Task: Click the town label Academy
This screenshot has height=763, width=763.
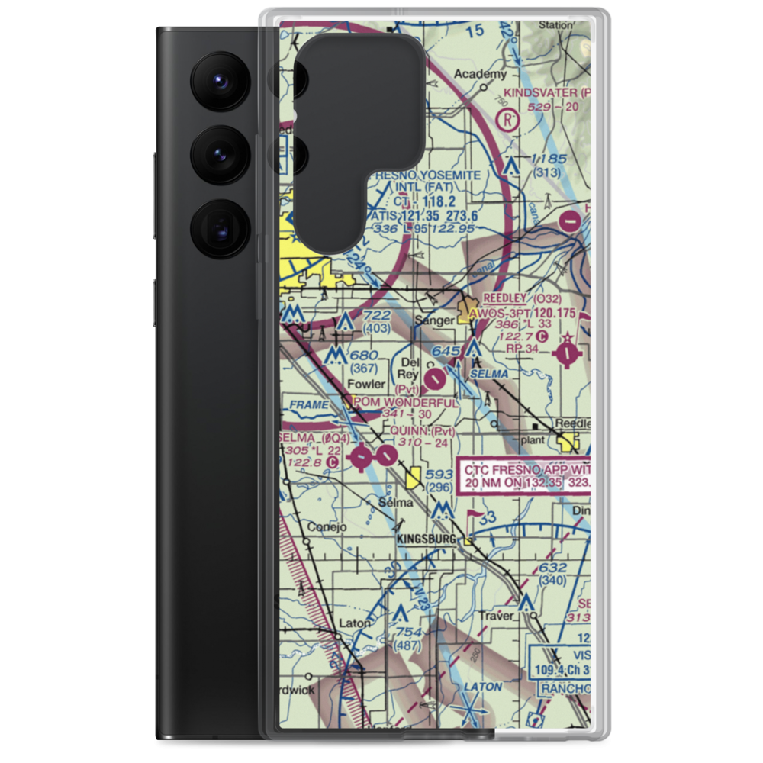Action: point(480,74)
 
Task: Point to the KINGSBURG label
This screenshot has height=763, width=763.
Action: point(427,539)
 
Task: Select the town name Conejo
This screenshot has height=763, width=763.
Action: point(327,526)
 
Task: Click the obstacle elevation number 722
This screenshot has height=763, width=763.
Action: point(377,316)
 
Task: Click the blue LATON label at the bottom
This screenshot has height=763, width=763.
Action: point(483,687)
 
